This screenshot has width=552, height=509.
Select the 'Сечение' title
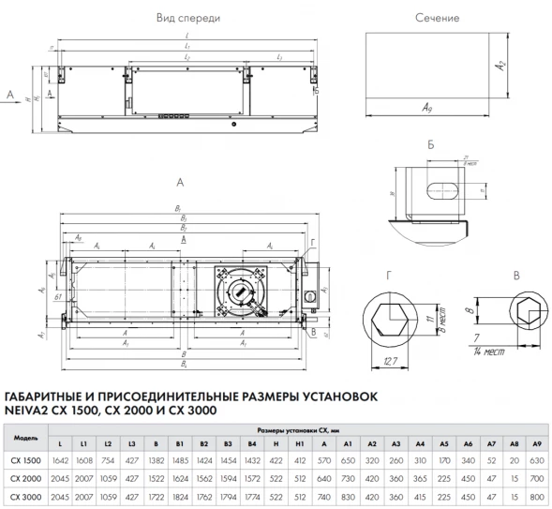click(x=436, y=18)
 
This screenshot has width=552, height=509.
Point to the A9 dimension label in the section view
click(x=426, y=110)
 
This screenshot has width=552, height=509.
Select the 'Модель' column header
click(x=26, y=438)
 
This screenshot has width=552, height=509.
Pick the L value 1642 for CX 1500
click(x=62, y=460)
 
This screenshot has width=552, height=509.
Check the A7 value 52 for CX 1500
click(x=491, y=460)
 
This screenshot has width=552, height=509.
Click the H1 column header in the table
click(x=298, y=443)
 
